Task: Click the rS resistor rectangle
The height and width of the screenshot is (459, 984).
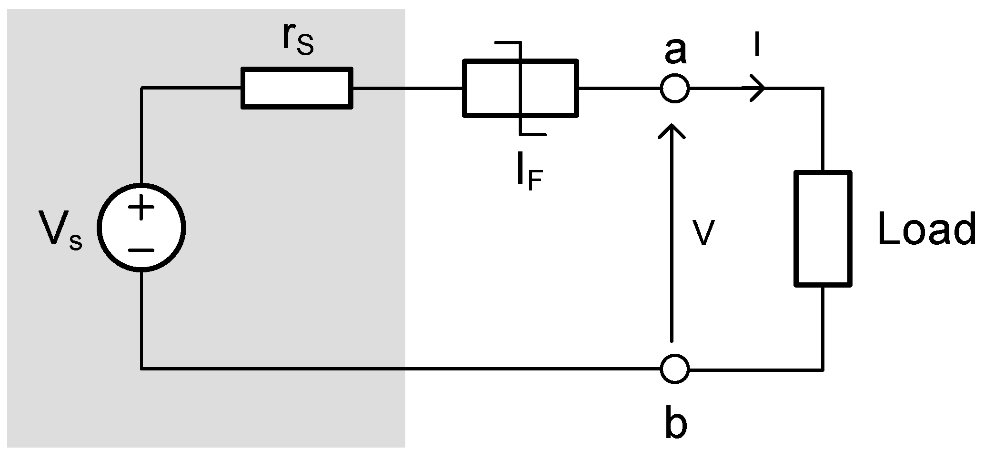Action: (297, 89)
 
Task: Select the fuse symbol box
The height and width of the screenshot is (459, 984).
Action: (520, 89)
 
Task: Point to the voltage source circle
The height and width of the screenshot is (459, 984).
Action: (141, 228)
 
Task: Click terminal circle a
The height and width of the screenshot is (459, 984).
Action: (674, 89)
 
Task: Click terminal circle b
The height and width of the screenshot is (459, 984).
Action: (674, 369)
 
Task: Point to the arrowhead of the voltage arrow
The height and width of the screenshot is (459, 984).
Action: (672, 130)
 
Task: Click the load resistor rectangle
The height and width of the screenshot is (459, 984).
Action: (823, 229)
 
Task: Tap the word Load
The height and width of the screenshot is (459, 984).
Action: (926, 229)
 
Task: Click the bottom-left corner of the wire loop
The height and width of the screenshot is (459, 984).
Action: (141, 369)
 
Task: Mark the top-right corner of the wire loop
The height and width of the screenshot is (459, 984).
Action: (823, 89)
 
